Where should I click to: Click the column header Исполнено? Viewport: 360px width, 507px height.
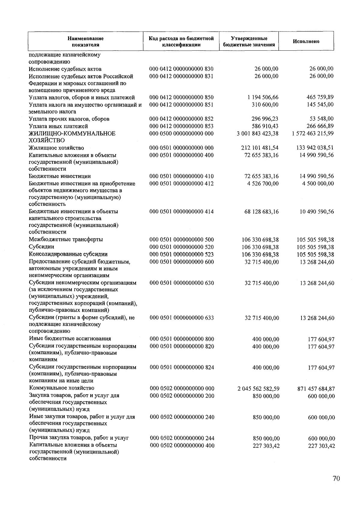pos(306,41)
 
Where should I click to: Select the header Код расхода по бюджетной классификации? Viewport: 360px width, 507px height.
pos(181,41)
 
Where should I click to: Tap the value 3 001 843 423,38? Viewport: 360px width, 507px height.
pos(257,133)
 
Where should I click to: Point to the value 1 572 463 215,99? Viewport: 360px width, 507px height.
pos(312,133)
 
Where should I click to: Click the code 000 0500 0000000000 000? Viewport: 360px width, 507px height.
pos(181,133)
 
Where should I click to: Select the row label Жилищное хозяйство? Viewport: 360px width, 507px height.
pos(56,148)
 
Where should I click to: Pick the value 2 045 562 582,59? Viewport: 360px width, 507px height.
pos(258,389)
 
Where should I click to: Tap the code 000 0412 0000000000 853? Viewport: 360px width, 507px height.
pos(181,126)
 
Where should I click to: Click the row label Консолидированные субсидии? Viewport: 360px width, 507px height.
pos(68,254)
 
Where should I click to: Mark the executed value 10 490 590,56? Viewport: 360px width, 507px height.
pos(317,212)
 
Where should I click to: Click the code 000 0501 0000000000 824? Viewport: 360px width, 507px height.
pos(182,367)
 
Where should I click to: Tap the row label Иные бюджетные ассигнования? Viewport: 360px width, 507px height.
pos(70,339)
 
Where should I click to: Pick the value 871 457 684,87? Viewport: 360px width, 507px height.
pos(316,389)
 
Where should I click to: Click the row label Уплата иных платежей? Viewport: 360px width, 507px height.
pos(58,126)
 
